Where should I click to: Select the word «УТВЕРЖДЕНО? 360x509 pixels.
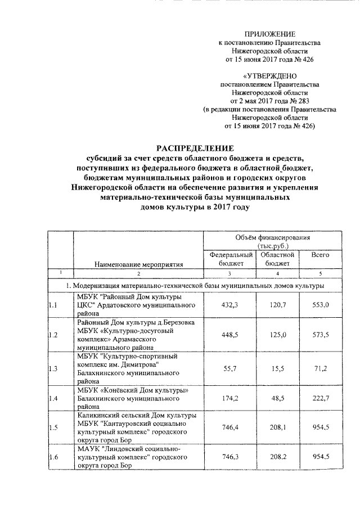click(x=269, y=75)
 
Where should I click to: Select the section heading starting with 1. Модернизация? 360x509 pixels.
click(x=195, y=286)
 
